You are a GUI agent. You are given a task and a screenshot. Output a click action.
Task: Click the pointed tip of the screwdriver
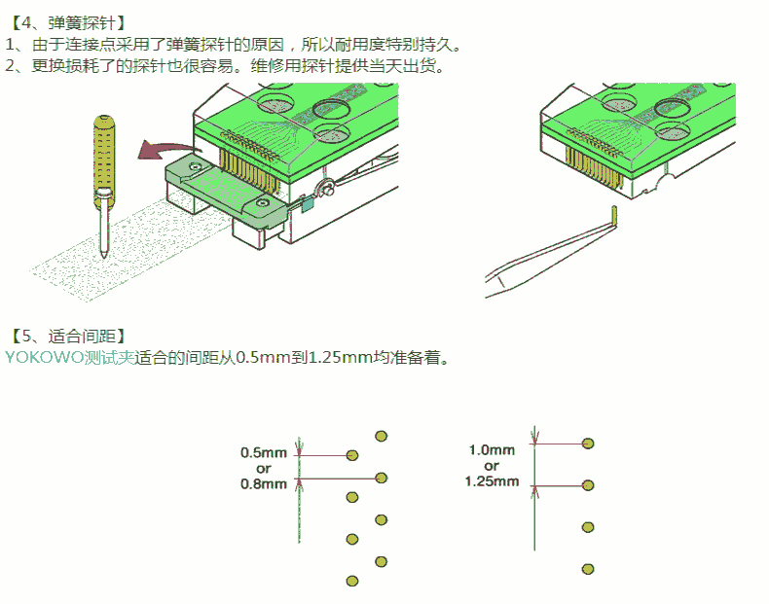(x=103, y=253)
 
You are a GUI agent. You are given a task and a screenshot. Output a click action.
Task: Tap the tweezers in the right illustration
(x=545, y=255)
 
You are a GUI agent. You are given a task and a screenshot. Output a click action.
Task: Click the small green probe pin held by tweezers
(x=615, y=213)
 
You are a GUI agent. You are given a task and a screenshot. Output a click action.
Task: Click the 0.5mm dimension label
(x=264, y=452)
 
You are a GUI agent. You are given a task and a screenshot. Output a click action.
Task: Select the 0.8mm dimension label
(x=264, y=483)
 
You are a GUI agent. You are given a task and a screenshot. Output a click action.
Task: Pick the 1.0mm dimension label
(x=492, y=449)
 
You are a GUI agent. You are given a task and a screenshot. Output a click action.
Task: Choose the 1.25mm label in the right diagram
(x=492, y=480)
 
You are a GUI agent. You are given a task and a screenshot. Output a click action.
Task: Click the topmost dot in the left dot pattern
(x=381, y=435)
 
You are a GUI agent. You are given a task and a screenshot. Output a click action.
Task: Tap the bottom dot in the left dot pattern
(x=352, y=581)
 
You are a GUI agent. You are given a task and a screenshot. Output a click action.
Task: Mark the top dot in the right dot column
(x=588, y=444)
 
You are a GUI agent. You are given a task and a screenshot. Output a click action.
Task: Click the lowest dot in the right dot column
(x=588, y=569)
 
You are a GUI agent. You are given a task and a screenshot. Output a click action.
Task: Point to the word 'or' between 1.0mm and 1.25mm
(x=492, y=465)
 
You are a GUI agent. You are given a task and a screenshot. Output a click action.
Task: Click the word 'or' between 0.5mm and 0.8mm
(x=264, y=468)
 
